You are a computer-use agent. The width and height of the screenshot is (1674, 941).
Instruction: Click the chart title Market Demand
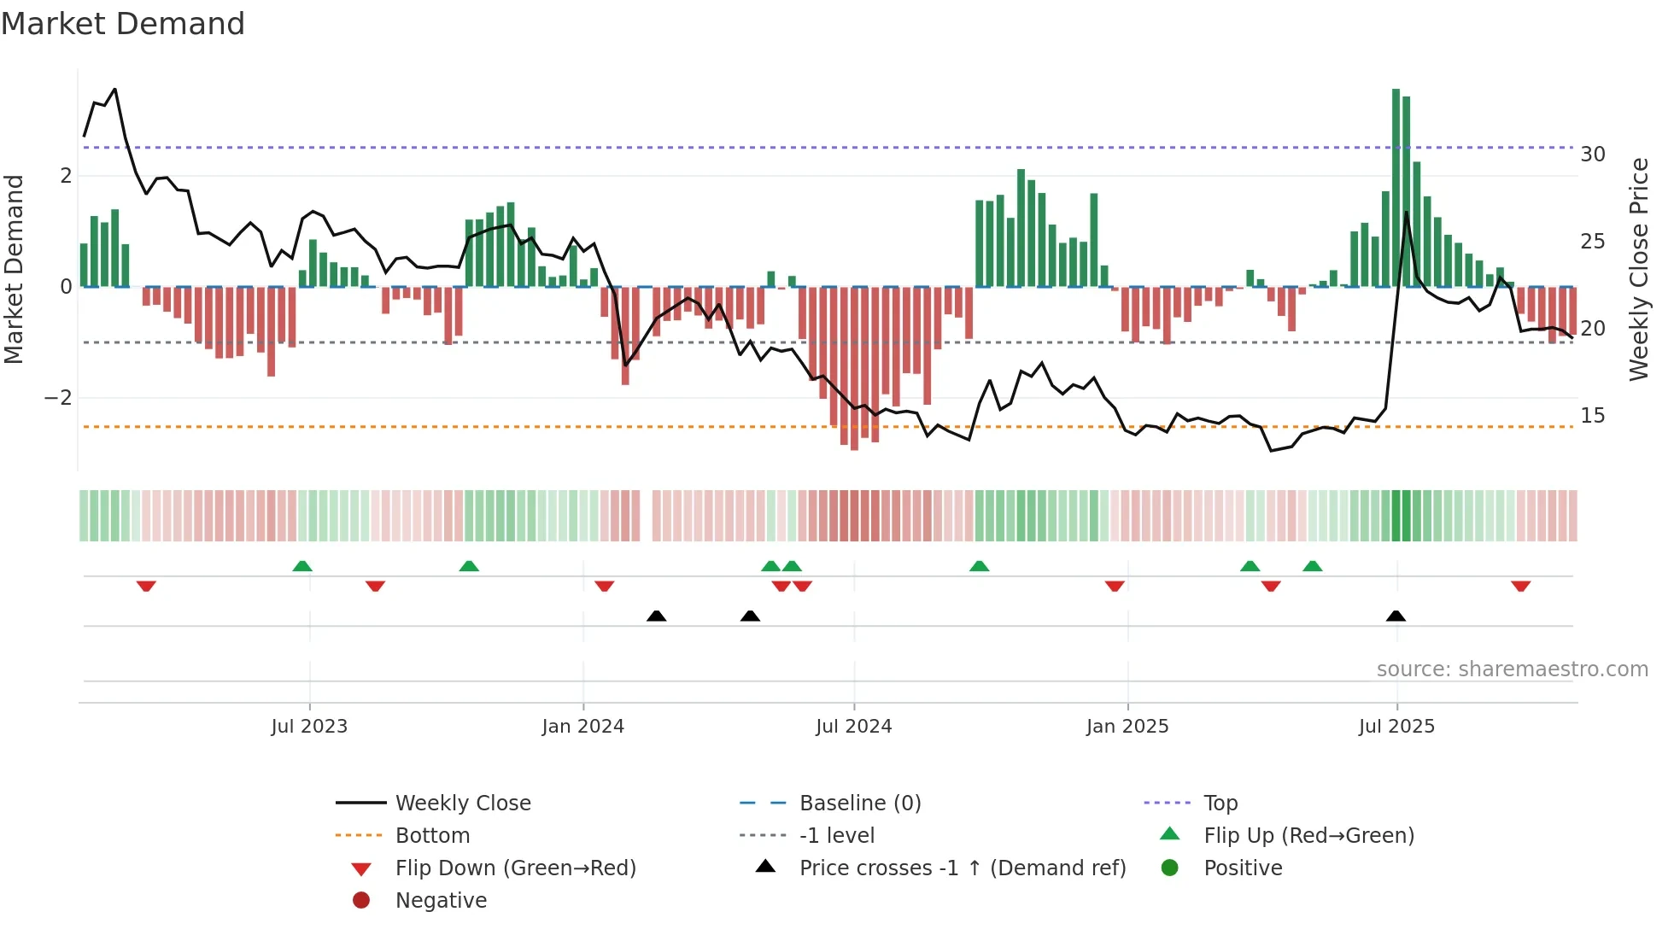(x=123, y=24)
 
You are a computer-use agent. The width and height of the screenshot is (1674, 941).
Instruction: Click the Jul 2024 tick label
(x=853, y=727)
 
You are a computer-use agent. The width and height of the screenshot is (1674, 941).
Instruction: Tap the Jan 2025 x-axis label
(x=1127, y=727)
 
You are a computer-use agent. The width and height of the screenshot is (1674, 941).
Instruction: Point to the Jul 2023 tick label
(x=309, y=727)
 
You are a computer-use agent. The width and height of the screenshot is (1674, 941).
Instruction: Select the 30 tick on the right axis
(x=1592, y=155)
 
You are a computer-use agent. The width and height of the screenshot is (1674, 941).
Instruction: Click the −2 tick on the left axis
(x=58, y=398)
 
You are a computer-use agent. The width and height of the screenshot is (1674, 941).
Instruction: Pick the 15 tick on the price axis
(x=1592, y=416)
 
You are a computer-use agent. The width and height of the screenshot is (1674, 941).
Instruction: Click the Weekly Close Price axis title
(x=1638, y=269)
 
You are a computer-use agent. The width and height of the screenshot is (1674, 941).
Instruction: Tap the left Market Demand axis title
(x=15, y=269)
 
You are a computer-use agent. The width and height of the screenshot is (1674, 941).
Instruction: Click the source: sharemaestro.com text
(x=1512, y=669)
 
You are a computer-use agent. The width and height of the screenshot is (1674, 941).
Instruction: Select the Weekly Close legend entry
(x=462, y=804)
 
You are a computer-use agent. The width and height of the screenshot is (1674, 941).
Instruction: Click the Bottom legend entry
(x=432, y=836)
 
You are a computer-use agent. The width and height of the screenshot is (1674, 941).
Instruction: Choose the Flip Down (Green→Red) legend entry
(x=515, y=868)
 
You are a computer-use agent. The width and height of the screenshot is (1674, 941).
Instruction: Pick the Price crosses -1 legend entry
(x=962, y=868)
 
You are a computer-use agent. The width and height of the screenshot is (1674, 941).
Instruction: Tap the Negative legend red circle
(x=361, y=901)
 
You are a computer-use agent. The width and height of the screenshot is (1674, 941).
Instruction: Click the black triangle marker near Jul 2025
(x=1396, y=617)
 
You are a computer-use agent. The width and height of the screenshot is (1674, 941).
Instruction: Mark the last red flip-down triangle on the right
(x=1520, y=586)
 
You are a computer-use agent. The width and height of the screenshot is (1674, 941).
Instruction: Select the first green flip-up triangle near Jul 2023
(x=302, y=566)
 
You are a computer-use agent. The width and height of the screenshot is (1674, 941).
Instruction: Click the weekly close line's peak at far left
(x=114, y=90)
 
